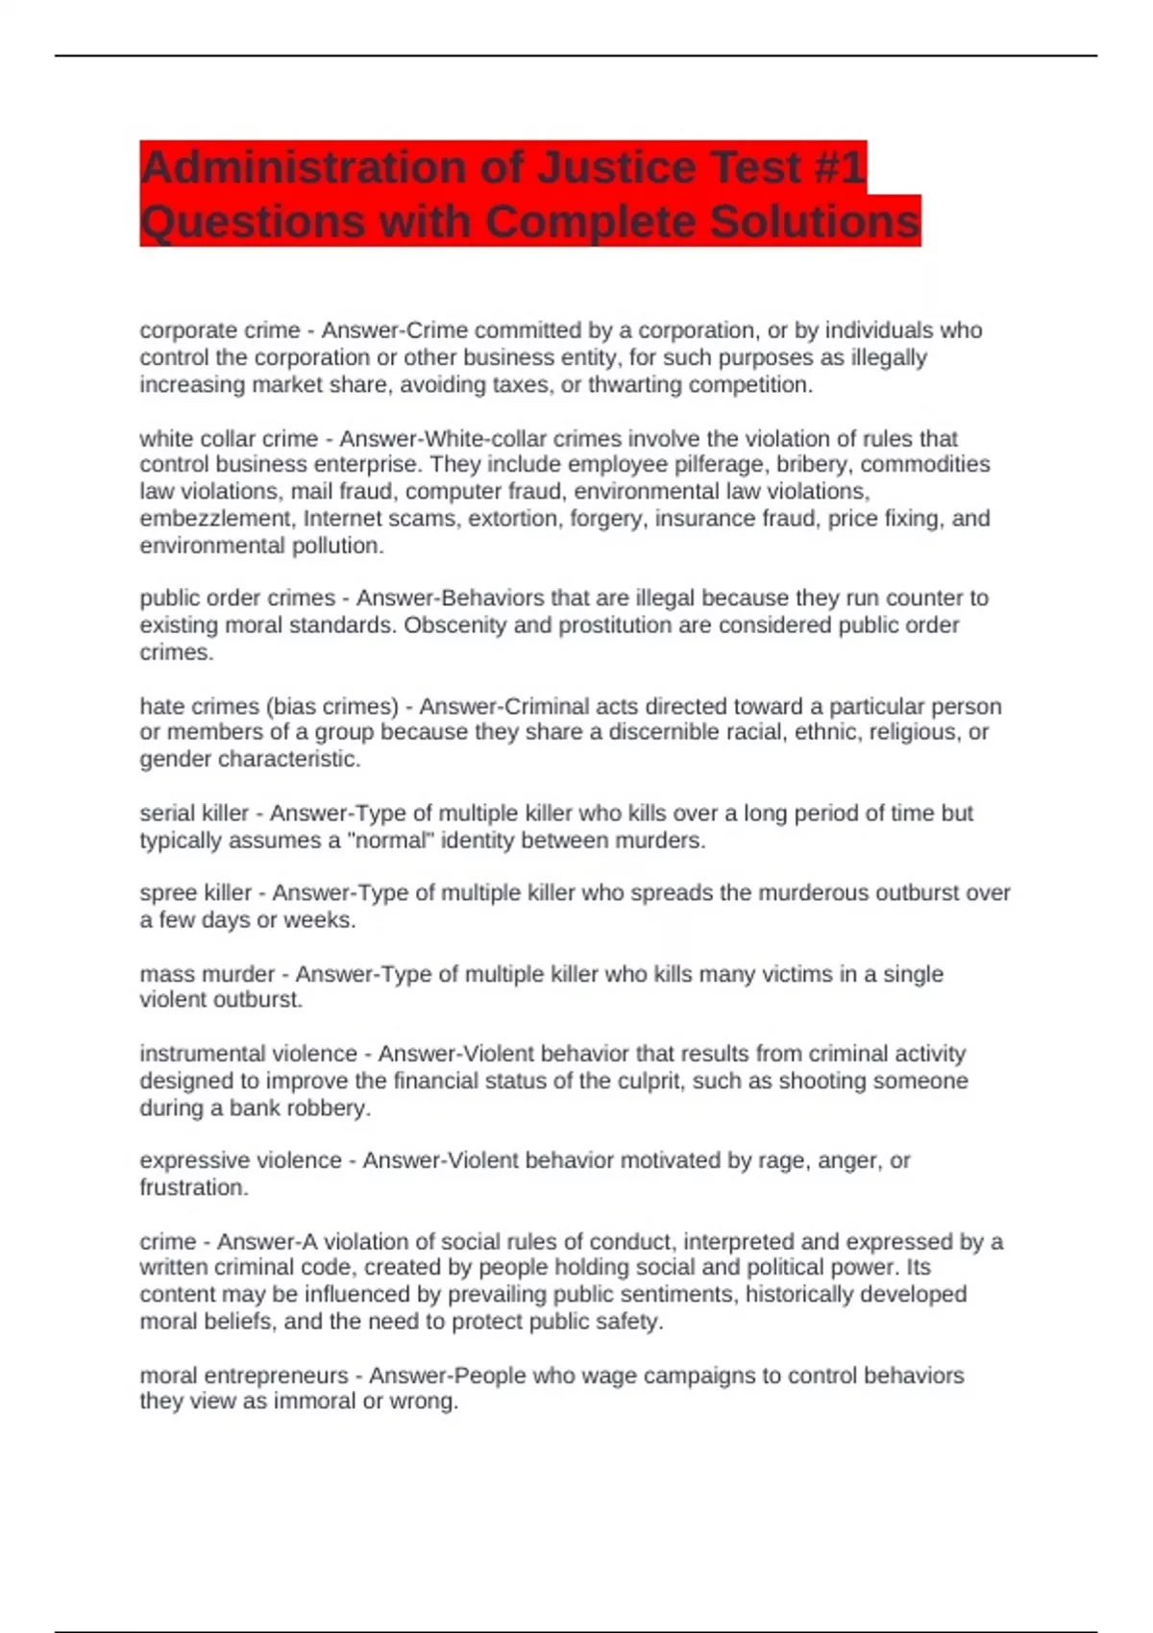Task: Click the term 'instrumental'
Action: (x=200, y=1054)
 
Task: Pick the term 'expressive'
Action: (x=191, y=1160)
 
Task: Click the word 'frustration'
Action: (x=193, y=1187)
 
